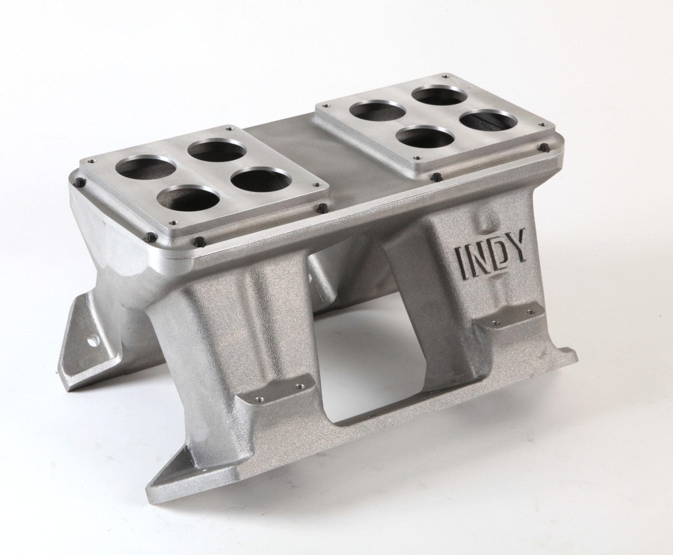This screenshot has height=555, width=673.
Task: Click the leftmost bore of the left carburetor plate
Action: pyautogui.click(x=145, y=169)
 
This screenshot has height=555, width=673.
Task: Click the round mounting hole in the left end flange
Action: pyautogui.click(x=93, y=339)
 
